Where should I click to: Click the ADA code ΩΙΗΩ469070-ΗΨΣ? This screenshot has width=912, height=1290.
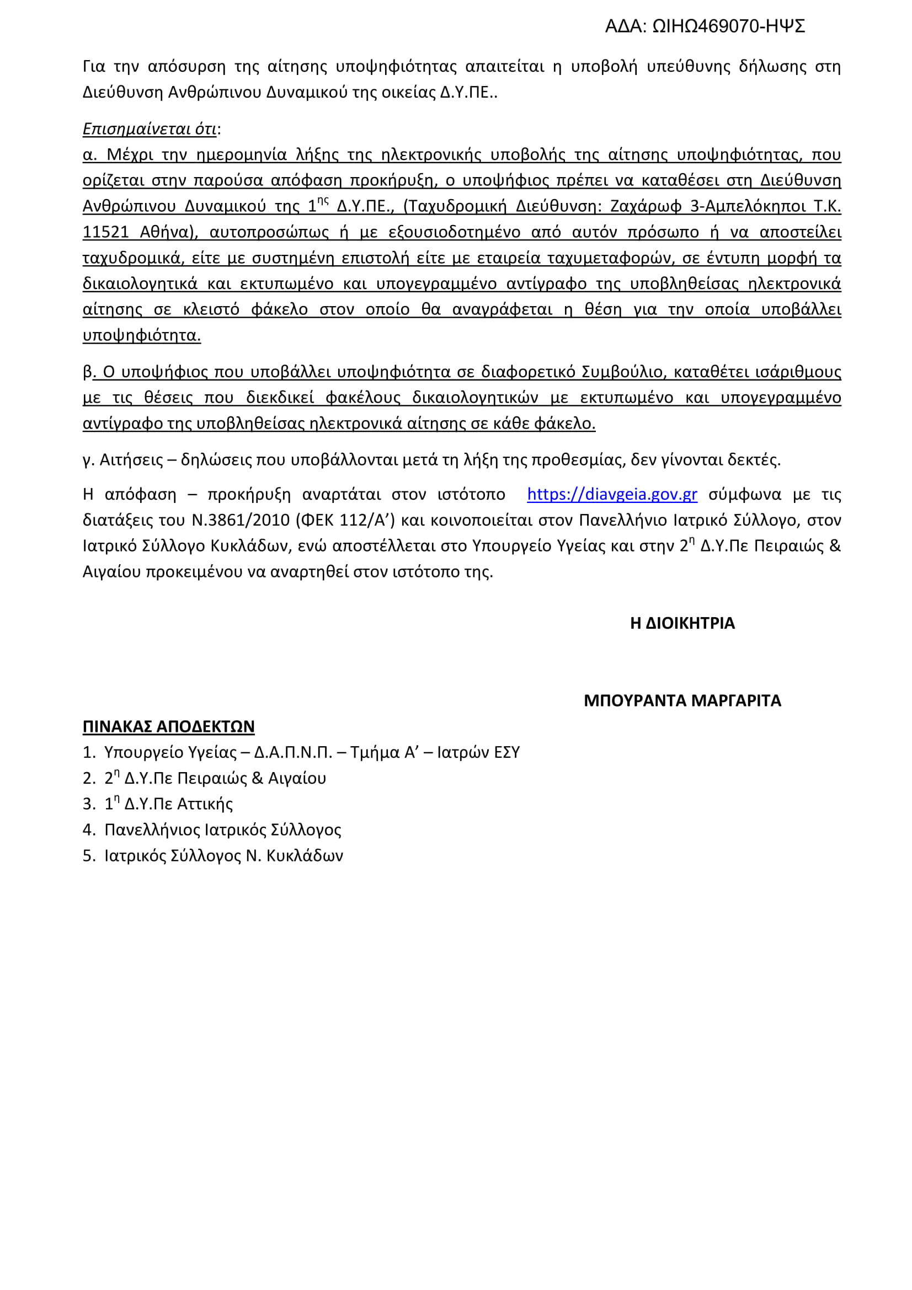click(x=728, y=26)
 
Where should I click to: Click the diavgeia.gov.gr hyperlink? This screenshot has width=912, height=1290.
click(x=612, y=494)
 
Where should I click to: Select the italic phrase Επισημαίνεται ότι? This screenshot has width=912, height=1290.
click(x=150, y=129)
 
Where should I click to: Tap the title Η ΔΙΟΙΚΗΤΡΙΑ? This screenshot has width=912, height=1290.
click(x=682, y=623)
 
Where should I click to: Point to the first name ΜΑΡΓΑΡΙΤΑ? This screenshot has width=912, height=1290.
click(x=736, y=700)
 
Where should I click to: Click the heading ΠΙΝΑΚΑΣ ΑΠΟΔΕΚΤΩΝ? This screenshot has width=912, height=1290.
click(x=169, y=726)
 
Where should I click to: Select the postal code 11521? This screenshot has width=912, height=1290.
click(x=105, y=232)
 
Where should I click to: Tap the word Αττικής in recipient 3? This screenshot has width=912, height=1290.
click(x=205, y=804)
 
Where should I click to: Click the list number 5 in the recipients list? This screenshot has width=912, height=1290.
click(x=88, y=856)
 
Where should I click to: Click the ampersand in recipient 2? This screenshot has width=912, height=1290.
click(x=257, y=778)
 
